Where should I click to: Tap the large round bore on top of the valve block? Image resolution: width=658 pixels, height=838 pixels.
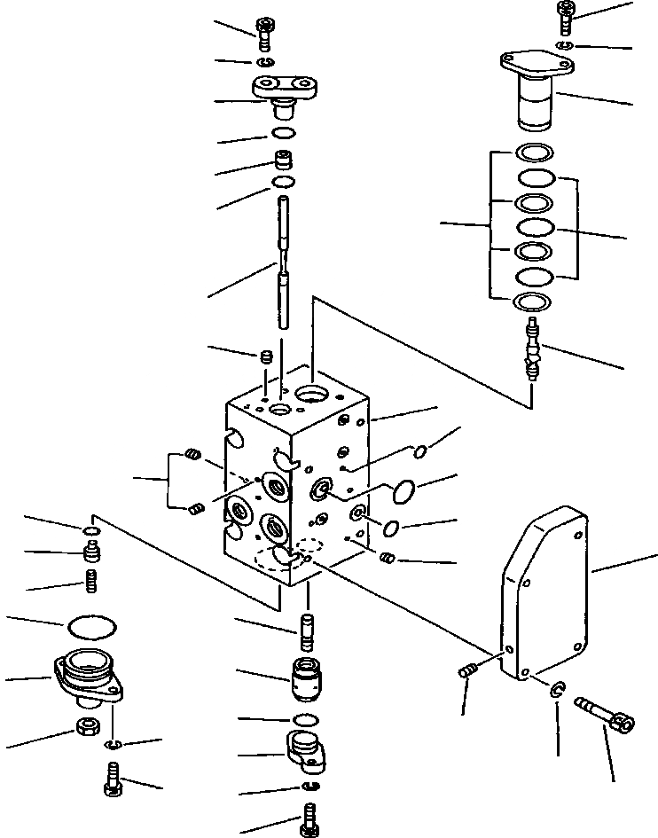point(313,393)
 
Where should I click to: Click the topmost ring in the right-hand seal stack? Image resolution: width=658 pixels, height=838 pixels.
point(534,153)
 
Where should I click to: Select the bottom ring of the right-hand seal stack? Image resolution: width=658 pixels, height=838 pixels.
point(534,302)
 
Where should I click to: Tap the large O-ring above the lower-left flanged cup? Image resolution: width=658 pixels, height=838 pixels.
point(92,626)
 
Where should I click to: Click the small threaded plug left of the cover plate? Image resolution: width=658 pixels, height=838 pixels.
point(468,675)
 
